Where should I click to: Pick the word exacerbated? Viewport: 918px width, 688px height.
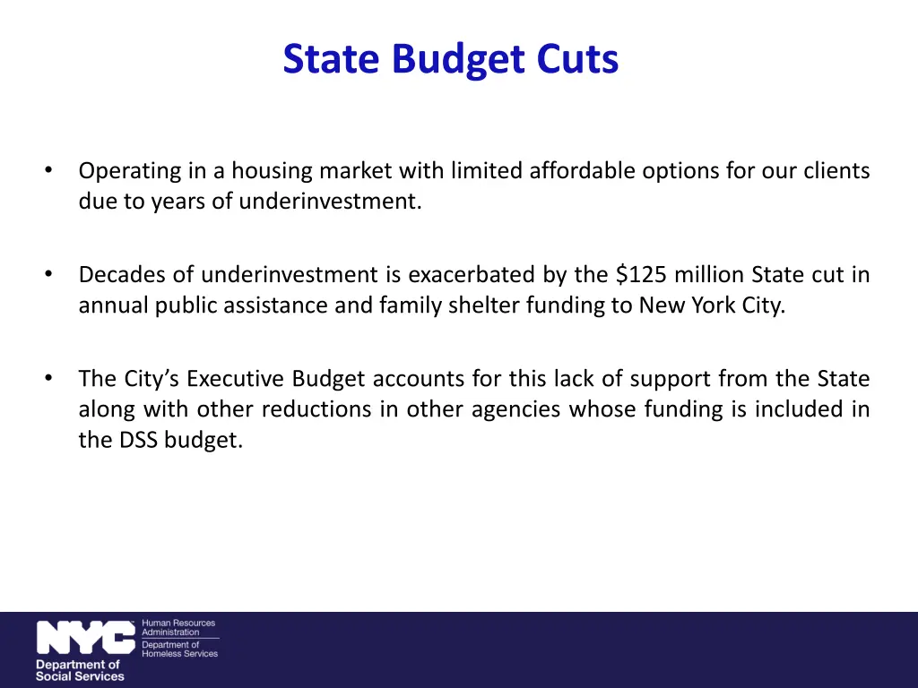click(x=473, y=274)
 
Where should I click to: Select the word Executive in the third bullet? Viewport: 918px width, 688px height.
click(x=235, y=379)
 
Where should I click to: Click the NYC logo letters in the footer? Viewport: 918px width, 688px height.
click(x=85, y=638)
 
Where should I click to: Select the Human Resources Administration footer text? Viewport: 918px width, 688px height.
click(x=178, y=627)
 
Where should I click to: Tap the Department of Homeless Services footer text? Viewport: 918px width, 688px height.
click(x=179, y=649)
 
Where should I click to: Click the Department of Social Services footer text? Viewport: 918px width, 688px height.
click(x=79, y=670)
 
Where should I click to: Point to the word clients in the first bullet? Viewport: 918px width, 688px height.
click(x=836, y=170)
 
